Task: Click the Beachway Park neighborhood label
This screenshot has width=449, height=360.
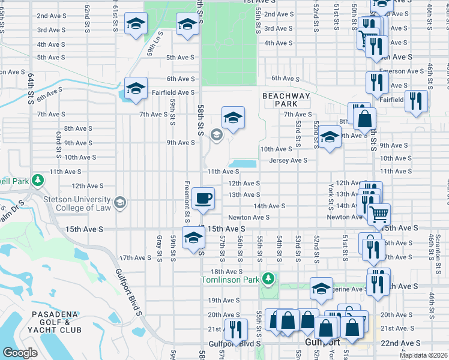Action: (x=286, y=100)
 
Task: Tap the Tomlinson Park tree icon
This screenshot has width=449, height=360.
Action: (x=270, y=279)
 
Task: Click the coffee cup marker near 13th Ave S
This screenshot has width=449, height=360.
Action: (x=203, y=197)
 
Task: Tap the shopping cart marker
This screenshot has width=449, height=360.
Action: (x=379, y=214)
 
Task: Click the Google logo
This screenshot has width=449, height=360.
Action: (x=20, y=353)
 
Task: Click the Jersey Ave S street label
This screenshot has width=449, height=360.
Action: (x=288, y=160)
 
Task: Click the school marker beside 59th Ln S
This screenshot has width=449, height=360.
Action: (x=136, y=23)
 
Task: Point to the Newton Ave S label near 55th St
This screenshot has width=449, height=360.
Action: (x=249, y=217)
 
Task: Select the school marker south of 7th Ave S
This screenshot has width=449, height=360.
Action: (x=233, y=116)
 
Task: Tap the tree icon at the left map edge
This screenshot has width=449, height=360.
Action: (x=37, y=180)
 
